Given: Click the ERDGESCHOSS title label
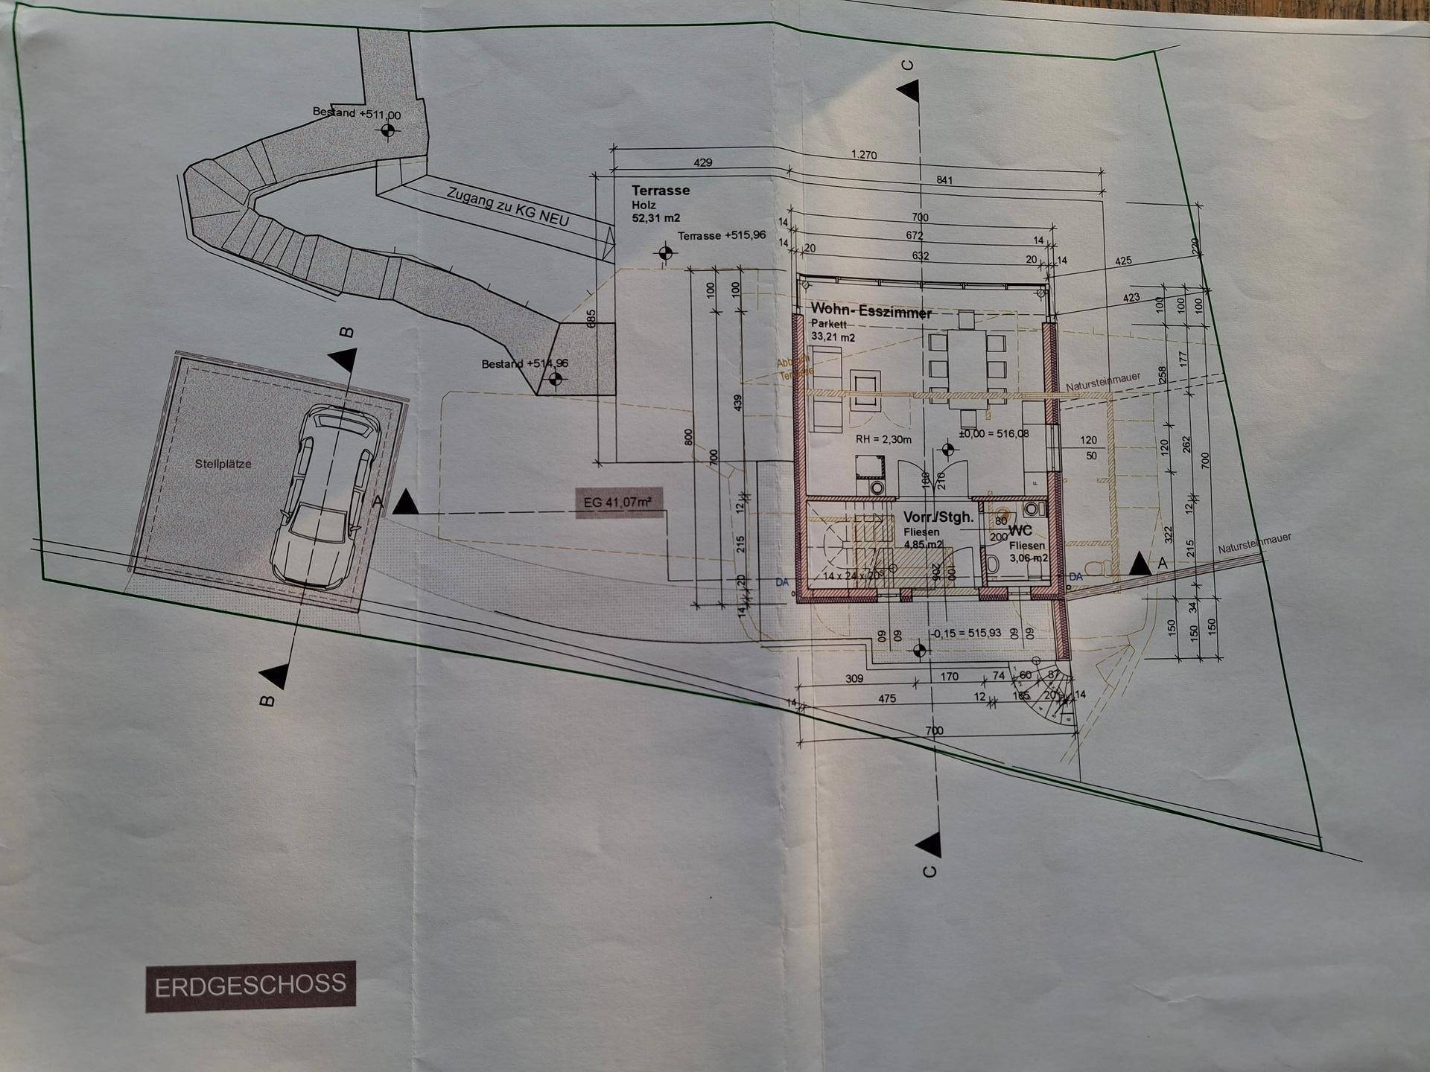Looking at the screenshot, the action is pyautogui.click(x=250, y=986).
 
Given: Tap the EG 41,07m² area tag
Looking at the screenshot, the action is pyautogui.click(x=617, y=502).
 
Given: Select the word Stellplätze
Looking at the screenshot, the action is pyautogui.click(x=223, y=464).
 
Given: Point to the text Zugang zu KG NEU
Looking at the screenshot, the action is pyautogui.click(x=508, y=206).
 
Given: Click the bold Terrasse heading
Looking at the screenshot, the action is pyautogui.click(x=661, y=190).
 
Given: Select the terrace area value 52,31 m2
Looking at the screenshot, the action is pyautogui.click(x=656, y=219).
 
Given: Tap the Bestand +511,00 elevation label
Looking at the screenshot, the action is pyautogui.click(x=356, y=114).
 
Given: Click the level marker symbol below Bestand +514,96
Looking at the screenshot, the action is pyautogui.click(x=553, y=380).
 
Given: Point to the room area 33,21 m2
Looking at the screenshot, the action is pyautogui.click(x=833, y=337).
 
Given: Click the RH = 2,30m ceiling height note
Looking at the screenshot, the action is pyautogui.click(x=883, y=439).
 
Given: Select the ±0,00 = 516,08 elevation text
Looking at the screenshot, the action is pyautogui.click(x=994, y=433).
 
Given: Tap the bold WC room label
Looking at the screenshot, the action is pyautogui.click(x=1020, y=532).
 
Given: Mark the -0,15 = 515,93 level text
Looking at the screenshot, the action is pyautogui.click(x=972, y=633).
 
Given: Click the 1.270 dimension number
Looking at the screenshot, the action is pyautogui.click(x=864, y=156).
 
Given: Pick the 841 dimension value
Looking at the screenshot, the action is pyautogui.click(x=944, y=180).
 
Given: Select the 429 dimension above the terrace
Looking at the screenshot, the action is pyautogui.click(x=702, y=162).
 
